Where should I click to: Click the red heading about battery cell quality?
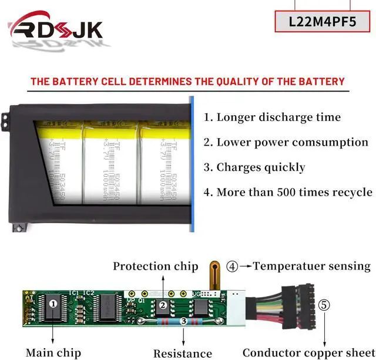(x=187, y=81)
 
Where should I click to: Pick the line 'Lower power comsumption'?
(x=286, y=142)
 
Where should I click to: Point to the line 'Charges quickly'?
(x=254, y=167)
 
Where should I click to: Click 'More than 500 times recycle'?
(x=287, y=192)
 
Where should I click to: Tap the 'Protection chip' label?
(x=156, y=266)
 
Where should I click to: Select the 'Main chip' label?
(x=53, y=352)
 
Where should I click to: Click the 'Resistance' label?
(x=183, y=353)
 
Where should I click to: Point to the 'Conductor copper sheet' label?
(x=308, y=352)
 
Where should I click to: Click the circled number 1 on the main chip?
(x=53, y=304)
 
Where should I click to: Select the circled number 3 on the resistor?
(x=183, y=321)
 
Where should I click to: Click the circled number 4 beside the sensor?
(x=233, y=266)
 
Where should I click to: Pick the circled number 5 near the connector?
(x=324, y=305)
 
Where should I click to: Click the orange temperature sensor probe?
(x=210, y=276)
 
